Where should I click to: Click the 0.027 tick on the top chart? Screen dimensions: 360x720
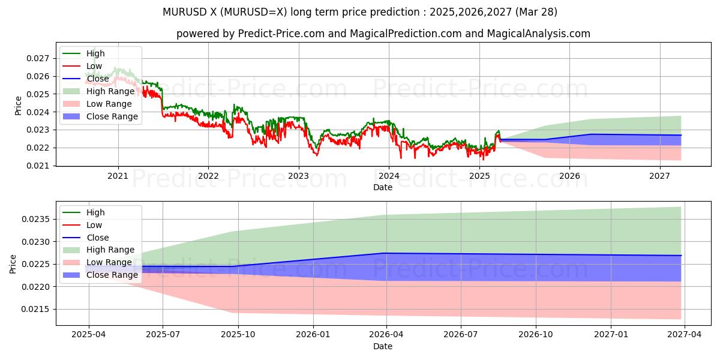pyautogui.click(x=40, y=58)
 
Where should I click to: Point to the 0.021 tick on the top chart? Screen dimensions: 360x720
pyautogui.click(x=40, y=166)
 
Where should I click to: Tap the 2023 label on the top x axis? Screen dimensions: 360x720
pyautogui.click(x=299, y=176)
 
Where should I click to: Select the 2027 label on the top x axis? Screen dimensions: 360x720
pyautogui.click(x=659, y=176)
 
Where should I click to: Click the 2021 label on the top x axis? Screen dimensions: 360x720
pyautogui.click(x=118, y=176)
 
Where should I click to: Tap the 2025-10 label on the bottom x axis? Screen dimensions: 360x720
pyautogui.click(x=238, y=335)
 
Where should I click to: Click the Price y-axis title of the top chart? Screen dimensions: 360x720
pyautogui.click(x=18, y=106)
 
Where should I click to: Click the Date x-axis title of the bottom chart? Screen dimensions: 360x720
pyautogui.click(x=383, y=346)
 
